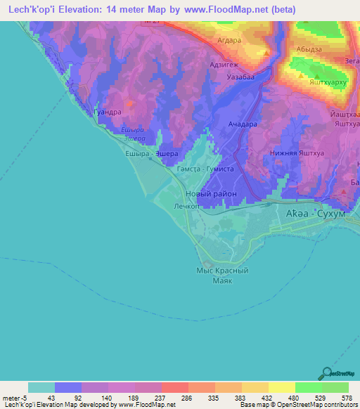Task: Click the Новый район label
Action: [210, 194]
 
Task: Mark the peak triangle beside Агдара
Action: [266, 52]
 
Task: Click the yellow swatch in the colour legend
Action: [281, 387]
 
